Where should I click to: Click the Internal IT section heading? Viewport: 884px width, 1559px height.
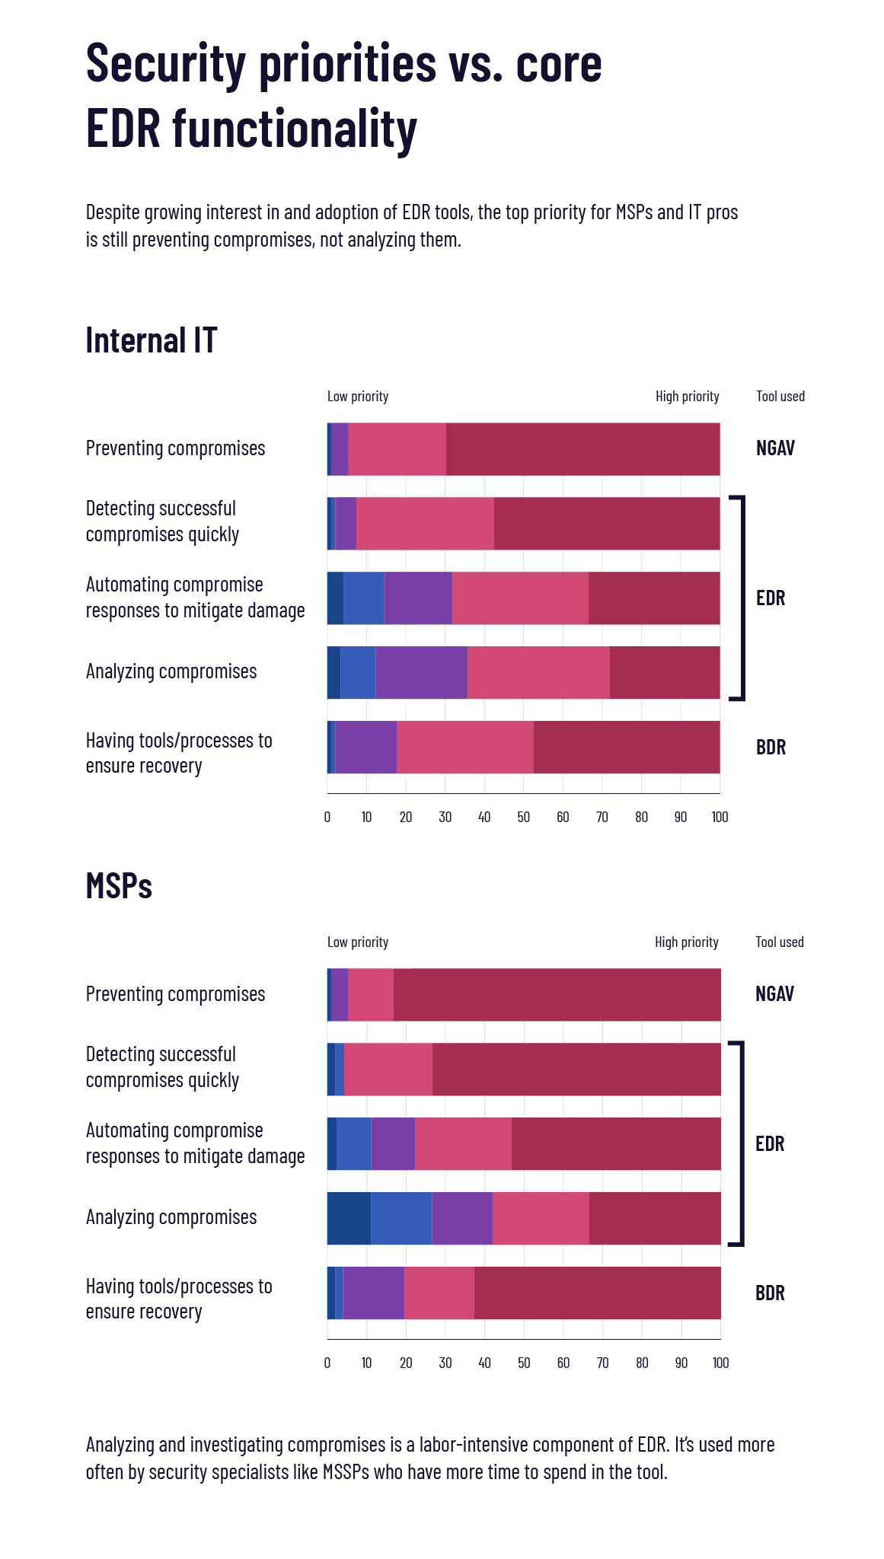click(151, 340)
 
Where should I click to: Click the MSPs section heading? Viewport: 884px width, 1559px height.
click(119, 886)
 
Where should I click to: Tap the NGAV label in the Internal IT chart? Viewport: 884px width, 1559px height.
click(775, 448)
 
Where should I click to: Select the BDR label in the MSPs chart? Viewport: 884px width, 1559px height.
click(770, 1293)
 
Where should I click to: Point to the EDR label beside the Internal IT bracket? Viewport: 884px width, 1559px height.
click(771, 598)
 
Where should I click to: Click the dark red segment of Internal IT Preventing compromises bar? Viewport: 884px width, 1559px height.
click(582, 449)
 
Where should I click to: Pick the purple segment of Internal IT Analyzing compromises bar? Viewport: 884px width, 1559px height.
click(421, 673)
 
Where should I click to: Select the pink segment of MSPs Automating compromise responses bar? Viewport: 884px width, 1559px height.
click(463, 1144)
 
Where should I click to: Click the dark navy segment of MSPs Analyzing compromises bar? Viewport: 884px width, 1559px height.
click(349, 1219)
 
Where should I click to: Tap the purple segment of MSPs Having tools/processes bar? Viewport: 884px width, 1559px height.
click(373, 1293)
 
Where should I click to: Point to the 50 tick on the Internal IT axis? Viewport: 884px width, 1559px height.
click(524, 818)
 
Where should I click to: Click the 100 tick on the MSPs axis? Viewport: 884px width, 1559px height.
click(720, 1363)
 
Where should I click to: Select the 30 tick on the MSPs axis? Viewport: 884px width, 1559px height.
click(445, 1363)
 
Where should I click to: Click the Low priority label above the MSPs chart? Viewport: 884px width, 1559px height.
click(358, 942)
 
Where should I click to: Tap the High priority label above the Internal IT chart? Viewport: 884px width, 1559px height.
click(687, 397)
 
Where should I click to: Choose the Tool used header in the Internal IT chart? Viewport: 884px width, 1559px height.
click(780, 397)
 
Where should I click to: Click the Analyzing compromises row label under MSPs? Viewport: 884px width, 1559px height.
click(171, 1217)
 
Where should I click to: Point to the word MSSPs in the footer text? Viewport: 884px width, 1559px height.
click(346, 1471)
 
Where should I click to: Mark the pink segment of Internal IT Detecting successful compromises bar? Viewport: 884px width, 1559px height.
click(425, 524)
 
